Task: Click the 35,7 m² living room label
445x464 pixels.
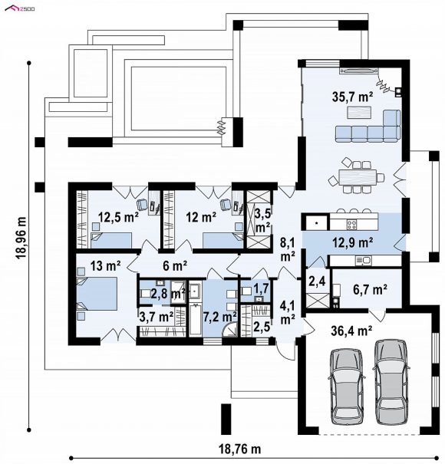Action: [x=352, y=97]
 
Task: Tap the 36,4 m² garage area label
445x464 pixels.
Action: [x=351, y=331]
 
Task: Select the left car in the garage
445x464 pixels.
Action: [x=347, y=387]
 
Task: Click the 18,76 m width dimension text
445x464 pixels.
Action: [x=240, y=449]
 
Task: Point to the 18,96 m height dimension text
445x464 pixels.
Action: [x=21, y=238]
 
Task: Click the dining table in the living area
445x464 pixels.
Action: [x=358, y=177]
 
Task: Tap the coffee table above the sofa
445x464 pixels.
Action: [x=359, y=113]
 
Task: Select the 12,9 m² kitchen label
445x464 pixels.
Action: [x=352, y=242]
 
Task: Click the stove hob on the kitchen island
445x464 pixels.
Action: [x=351, y=223]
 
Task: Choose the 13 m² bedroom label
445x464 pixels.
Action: [x=105, y=265]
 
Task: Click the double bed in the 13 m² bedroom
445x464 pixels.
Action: [x=97, y=294]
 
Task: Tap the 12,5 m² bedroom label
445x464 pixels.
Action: [x=118, y=218]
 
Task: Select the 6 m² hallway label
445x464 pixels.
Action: [x=175, y=265]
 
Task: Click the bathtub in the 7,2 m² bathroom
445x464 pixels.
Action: [x=195, y=319]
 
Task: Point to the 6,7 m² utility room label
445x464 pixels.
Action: [x=370, y=289]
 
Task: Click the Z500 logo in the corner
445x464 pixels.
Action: [x=20, y=8]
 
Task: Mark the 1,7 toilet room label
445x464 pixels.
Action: [x=261, y=288]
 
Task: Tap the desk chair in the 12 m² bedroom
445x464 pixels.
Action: [x=226, y=203]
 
